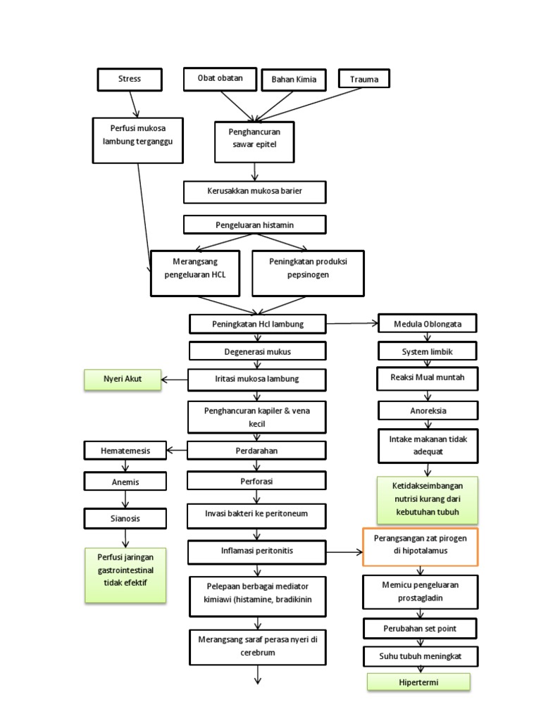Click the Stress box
point(130,79)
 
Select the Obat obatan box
point(219,78)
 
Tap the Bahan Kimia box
point(294,80)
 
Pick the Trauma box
point(364,80)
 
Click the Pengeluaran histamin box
point(254,225)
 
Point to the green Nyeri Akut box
point(123,380)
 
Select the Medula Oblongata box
point(428,324)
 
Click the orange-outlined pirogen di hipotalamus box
point(421,546)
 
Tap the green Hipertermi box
point(418,682)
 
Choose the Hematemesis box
point(125,450)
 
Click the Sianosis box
point(125,518)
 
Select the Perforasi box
point(256,481)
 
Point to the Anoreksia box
point(428,410)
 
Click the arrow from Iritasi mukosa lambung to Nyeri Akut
point(175,380)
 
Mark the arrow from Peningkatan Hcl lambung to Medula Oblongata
point(352,323)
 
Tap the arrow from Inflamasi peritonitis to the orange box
point(344,551)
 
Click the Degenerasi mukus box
point(257,351)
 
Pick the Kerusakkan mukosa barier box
point(254,192)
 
